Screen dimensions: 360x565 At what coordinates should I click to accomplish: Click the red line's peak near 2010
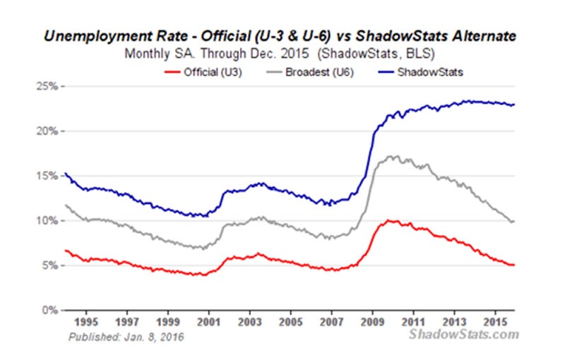pyautogui.click(x=389, y=220)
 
